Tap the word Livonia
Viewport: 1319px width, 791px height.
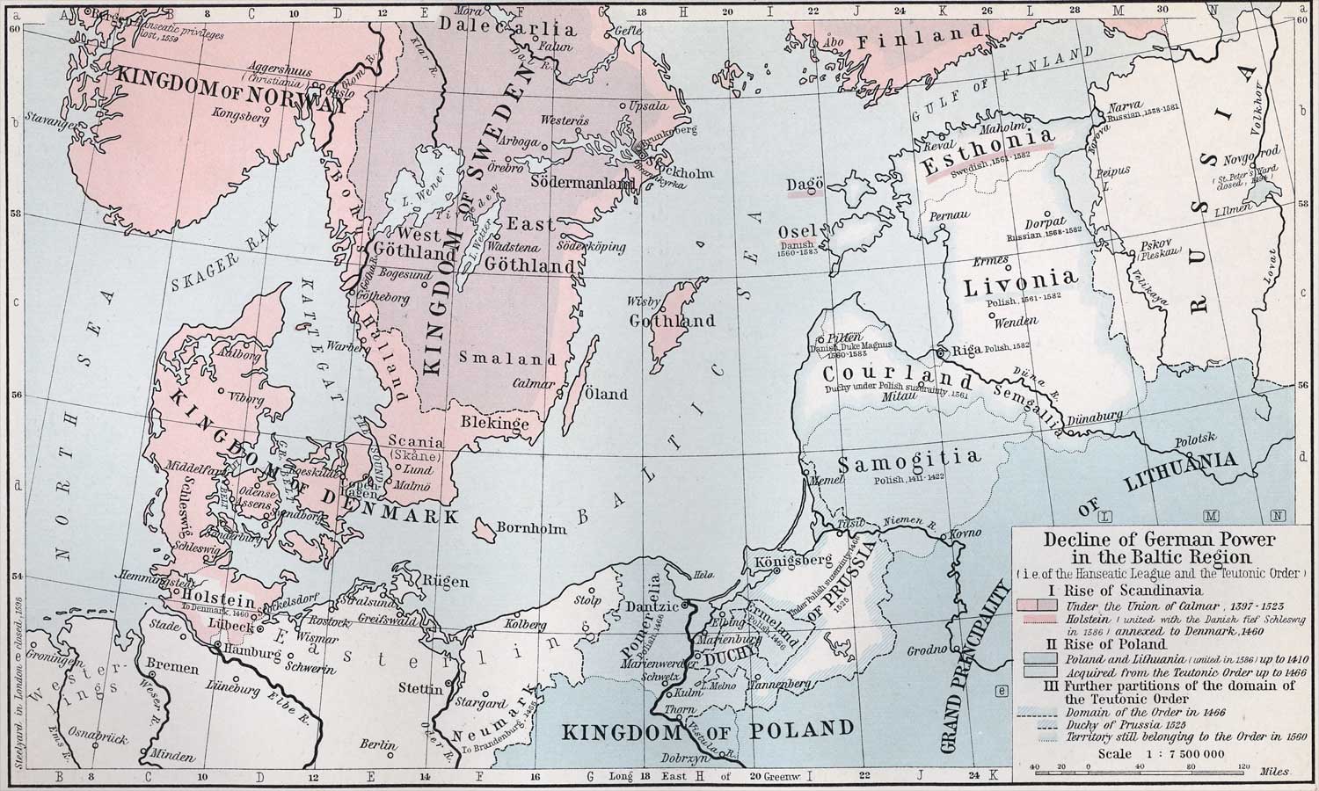[x=1020, y=283]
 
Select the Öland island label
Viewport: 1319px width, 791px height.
[x=607, y=394]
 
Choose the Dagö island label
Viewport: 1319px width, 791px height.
[x=805, y=184]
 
